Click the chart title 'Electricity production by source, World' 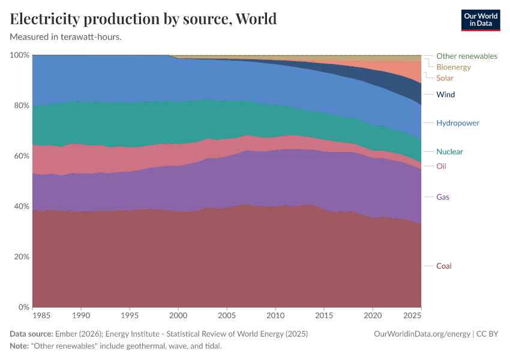tap(143, 19)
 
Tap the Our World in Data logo tap(480, 20)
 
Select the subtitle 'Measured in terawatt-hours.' tap(66, 37)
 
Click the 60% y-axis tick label tap(21, 156)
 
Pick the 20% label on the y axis tap(21, 257)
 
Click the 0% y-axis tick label tap(23, 307)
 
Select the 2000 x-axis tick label tap(178, 315)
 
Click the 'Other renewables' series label tap(466, 56)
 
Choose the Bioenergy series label tap(453, 67)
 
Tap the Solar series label tap(445, 78)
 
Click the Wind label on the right tap(445, 94)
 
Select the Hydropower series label tap(457, 123)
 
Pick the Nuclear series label tap(449, 152)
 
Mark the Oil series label tap(441, 166)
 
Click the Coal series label tap(443, 266)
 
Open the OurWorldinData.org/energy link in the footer tap(422, 334)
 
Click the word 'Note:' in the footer tap(20, 346)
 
